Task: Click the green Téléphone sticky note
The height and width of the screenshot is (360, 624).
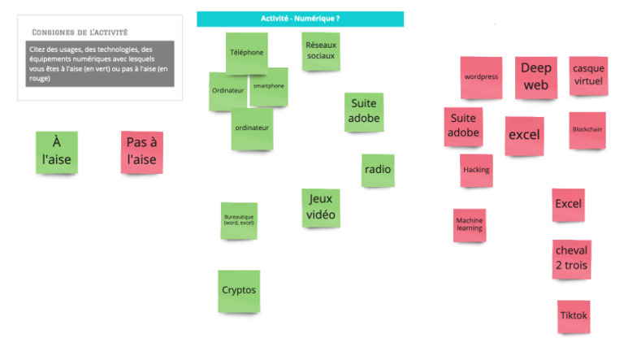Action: coord(246,53)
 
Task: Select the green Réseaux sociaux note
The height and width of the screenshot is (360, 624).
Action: coord(320,51)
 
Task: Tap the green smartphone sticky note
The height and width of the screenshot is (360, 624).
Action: coord(269,87)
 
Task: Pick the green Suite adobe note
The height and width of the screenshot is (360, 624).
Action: coord(363,112)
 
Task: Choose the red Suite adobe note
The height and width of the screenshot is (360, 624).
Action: coord(463,127)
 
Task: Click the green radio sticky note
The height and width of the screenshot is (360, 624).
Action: coord(378,170)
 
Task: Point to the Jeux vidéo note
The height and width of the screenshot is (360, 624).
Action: coord(321,208)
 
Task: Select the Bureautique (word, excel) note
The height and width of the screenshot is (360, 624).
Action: coord(239,221)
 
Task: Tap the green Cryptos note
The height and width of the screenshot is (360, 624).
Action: coord(239,291)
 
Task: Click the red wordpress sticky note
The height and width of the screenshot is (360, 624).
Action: coord(481,77)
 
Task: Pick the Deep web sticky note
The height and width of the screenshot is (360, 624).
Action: coord(535,77)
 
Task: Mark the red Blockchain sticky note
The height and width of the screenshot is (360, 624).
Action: coord(587,130)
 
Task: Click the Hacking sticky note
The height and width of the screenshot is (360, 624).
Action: coord(476,170)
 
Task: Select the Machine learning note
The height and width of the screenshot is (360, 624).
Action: coord(470,224)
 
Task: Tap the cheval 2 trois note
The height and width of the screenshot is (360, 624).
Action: coord(571,258)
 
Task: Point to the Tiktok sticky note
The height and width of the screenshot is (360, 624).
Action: coord(574,316)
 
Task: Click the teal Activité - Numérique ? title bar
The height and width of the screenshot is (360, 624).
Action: coord(300,19)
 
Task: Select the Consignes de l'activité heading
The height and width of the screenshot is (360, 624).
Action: coord(80,33)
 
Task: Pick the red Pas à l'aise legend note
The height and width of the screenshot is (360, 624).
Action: coord(141,153)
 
